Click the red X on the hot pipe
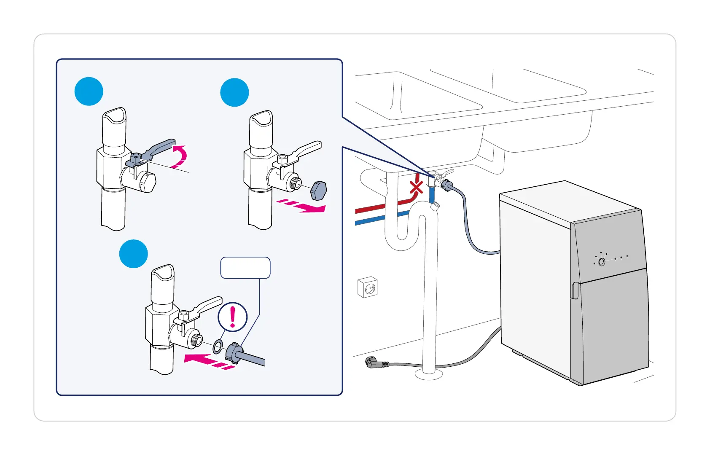(417, 187)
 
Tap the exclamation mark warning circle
(232, 317)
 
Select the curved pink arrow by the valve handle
(181, 157)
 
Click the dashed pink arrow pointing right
(301, 206)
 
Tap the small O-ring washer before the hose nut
(218, 347)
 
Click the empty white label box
(245, 268)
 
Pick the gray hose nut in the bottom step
(234, 352)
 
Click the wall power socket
(367, 287)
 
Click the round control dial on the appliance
(602, 262)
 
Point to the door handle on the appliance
(574, 290)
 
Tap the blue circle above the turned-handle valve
(89, 91)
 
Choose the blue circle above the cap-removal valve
(235, 92)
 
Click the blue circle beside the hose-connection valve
(134, 254)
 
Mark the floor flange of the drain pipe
(429, 375)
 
